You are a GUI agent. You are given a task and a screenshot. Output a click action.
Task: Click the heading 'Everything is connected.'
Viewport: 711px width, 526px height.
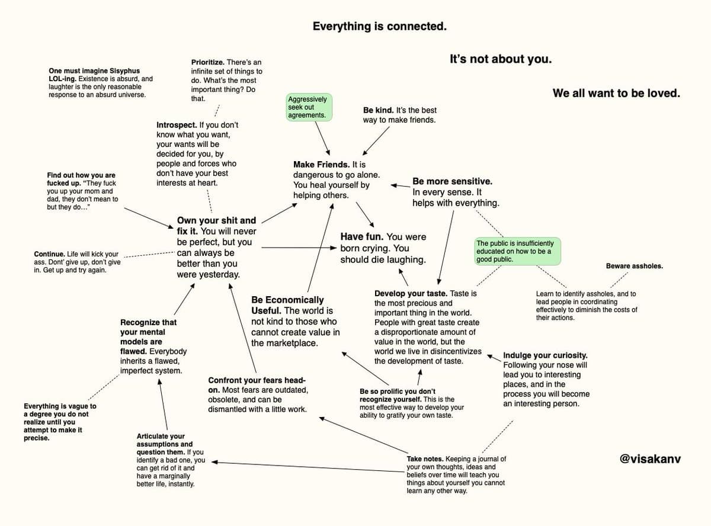(x=380, y=26)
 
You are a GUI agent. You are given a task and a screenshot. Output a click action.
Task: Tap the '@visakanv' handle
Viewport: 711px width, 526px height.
(x=650, y=458)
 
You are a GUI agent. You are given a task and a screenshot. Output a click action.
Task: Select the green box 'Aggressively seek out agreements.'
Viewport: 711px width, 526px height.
(x=309, y=107)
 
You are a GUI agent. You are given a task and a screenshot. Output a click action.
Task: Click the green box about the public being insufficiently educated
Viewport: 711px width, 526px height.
(x=517, y=251)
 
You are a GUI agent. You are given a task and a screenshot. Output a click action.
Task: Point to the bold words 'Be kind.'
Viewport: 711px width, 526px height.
(x=378, y=110)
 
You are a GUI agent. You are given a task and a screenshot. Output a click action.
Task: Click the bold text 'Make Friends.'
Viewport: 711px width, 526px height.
(x=321, y=165)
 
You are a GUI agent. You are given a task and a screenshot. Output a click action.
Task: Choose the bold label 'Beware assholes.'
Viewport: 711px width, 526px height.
(x=635, y=266)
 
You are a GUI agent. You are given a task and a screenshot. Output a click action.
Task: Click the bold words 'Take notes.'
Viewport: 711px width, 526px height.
(x=425, y=458)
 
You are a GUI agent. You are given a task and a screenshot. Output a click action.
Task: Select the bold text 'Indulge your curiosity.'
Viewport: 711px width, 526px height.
(x=545, y=355)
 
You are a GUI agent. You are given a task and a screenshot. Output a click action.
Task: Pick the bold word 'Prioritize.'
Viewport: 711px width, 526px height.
(x=208, y=62)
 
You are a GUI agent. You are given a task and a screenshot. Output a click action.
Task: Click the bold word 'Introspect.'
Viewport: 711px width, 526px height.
(x=177, y=125)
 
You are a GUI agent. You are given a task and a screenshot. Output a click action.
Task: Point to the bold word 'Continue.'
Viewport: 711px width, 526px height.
(x=49, y=254)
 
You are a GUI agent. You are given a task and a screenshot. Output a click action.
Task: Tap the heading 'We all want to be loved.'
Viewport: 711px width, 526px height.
(x=616, y=93)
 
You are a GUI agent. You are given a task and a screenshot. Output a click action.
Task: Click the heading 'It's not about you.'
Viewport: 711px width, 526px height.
(x=501, y=59)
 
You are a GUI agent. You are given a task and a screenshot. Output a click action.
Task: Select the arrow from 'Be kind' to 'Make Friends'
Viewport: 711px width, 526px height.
(x=376, y=141)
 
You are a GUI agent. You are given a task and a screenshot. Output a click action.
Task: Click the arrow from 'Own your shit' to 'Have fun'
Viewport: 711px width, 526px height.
(x=299, y=248)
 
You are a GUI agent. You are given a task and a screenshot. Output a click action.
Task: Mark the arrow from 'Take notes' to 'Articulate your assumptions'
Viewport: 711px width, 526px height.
(x=308, y=467)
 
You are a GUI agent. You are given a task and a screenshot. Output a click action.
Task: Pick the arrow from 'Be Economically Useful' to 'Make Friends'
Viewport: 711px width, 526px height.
(x=320, y=248)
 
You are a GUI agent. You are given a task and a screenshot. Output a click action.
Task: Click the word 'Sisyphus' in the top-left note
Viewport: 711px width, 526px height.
(x=124, y=71)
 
